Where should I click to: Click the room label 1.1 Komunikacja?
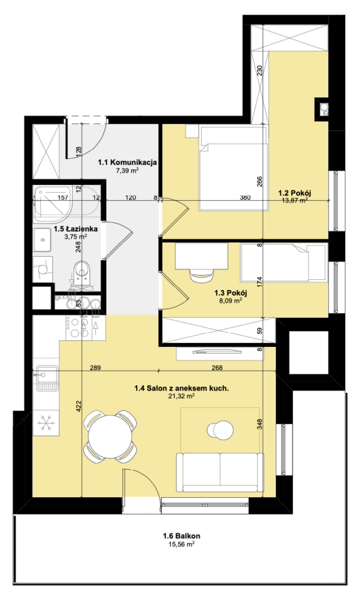[x=127, y=163]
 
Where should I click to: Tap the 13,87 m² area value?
[x=294, y=200]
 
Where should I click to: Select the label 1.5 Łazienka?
[x=76, y=229]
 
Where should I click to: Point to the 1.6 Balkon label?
[x=181, y=536]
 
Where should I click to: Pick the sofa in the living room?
[x=220, y=473]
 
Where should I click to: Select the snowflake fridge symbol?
[x=47, y=423]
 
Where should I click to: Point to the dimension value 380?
[x=245, y=198]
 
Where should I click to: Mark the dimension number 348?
[x=259, y=424]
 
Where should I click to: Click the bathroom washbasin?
[x=42, y=240]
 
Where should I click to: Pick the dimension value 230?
[x=260, y=71]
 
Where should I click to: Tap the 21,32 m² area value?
[x=181, y=396]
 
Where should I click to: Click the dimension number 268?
[x=217, y=368]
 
